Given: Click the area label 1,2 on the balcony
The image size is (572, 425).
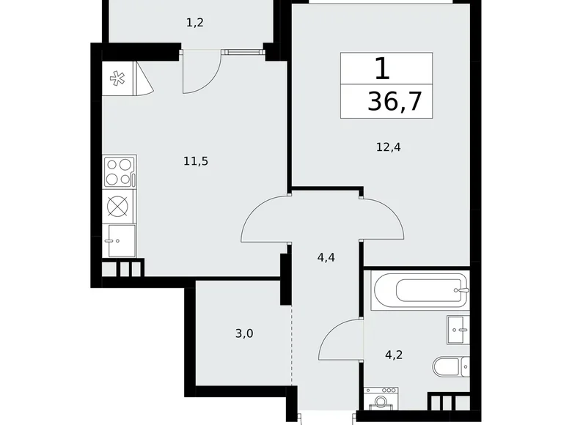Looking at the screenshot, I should (194, 22).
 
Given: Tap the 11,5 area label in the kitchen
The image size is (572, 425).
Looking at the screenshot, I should (197, 161).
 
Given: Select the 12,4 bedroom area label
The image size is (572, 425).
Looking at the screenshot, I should (387, 147).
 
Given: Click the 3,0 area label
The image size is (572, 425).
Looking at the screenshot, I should (245, 333).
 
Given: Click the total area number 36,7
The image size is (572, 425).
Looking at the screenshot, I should (395, 101).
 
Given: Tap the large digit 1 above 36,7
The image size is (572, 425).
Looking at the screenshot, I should (382, 69).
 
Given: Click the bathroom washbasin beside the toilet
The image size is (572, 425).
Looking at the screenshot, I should (458, 330).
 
